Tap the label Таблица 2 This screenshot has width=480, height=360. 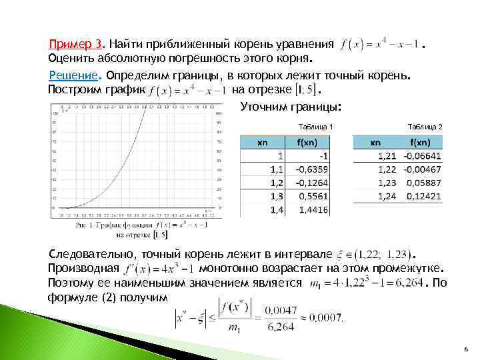(x=425, y=126)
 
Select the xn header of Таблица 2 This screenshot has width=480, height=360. (x=375, y=142)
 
